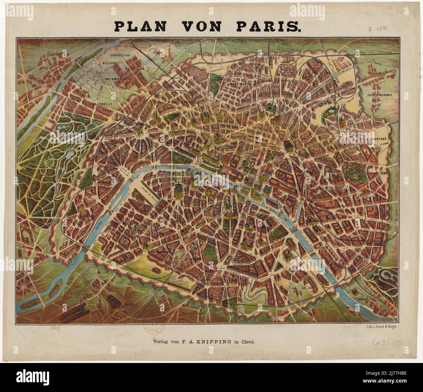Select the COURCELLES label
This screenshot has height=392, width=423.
[x=120, y=55]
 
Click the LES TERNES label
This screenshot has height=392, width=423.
[x=137, y=124]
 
